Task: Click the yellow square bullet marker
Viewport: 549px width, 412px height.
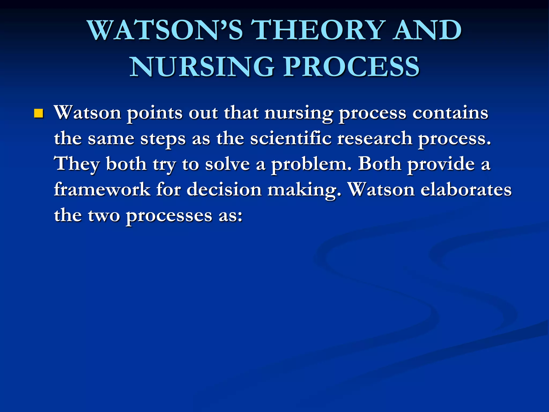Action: [39, 114]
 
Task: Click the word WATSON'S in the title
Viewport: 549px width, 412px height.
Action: [165, 30]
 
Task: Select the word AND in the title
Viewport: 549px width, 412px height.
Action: [427, 30]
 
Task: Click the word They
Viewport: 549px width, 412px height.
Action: [77, 164]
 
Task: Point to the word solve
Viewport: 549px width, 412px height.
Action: [227, 164]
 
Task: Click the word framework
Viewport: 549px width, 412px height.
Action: [102, 190]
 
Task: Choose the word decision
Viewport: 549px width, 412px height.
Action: [224, 190]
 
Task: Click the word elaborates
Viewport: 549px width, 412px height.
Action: [466, 190]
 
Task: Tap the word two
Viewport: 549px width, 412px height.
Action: [104, 216]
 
